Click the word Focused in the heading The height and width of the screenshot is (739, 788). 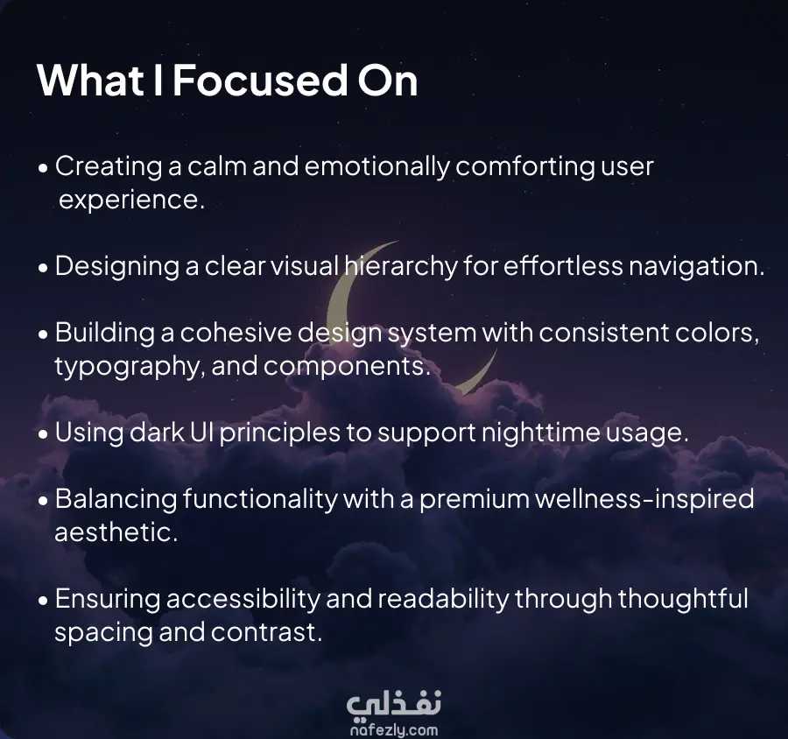point(260,80)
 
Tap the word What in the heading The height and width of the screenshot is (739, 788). point(90,80)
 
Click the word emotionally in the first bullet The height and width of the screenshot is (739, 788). point(376,167)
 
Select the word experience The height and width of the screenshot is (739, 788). point(131,201)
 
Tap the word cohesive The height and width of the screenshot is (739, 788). point(236,333)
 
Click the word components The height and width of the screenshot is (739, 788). point(348,367)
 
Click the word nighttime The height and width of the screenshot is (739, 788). point(541,433)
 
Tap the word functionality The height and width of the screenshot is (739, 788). point(260,499)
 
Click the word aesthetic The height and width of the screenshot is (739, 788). point(116,532)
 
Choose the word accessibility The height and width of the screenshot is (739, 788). point(243,599)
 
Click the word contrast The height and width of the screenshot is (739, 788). point(266,632)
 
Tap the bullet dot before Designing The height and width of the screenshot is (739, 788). point(43,268)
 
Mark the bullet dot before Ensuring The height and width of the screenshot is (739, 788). point(43,601)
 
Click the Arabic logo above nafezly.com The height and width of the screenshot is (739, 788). point(394,704)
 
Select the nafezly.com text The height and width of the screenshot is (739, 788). point(394,730)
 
